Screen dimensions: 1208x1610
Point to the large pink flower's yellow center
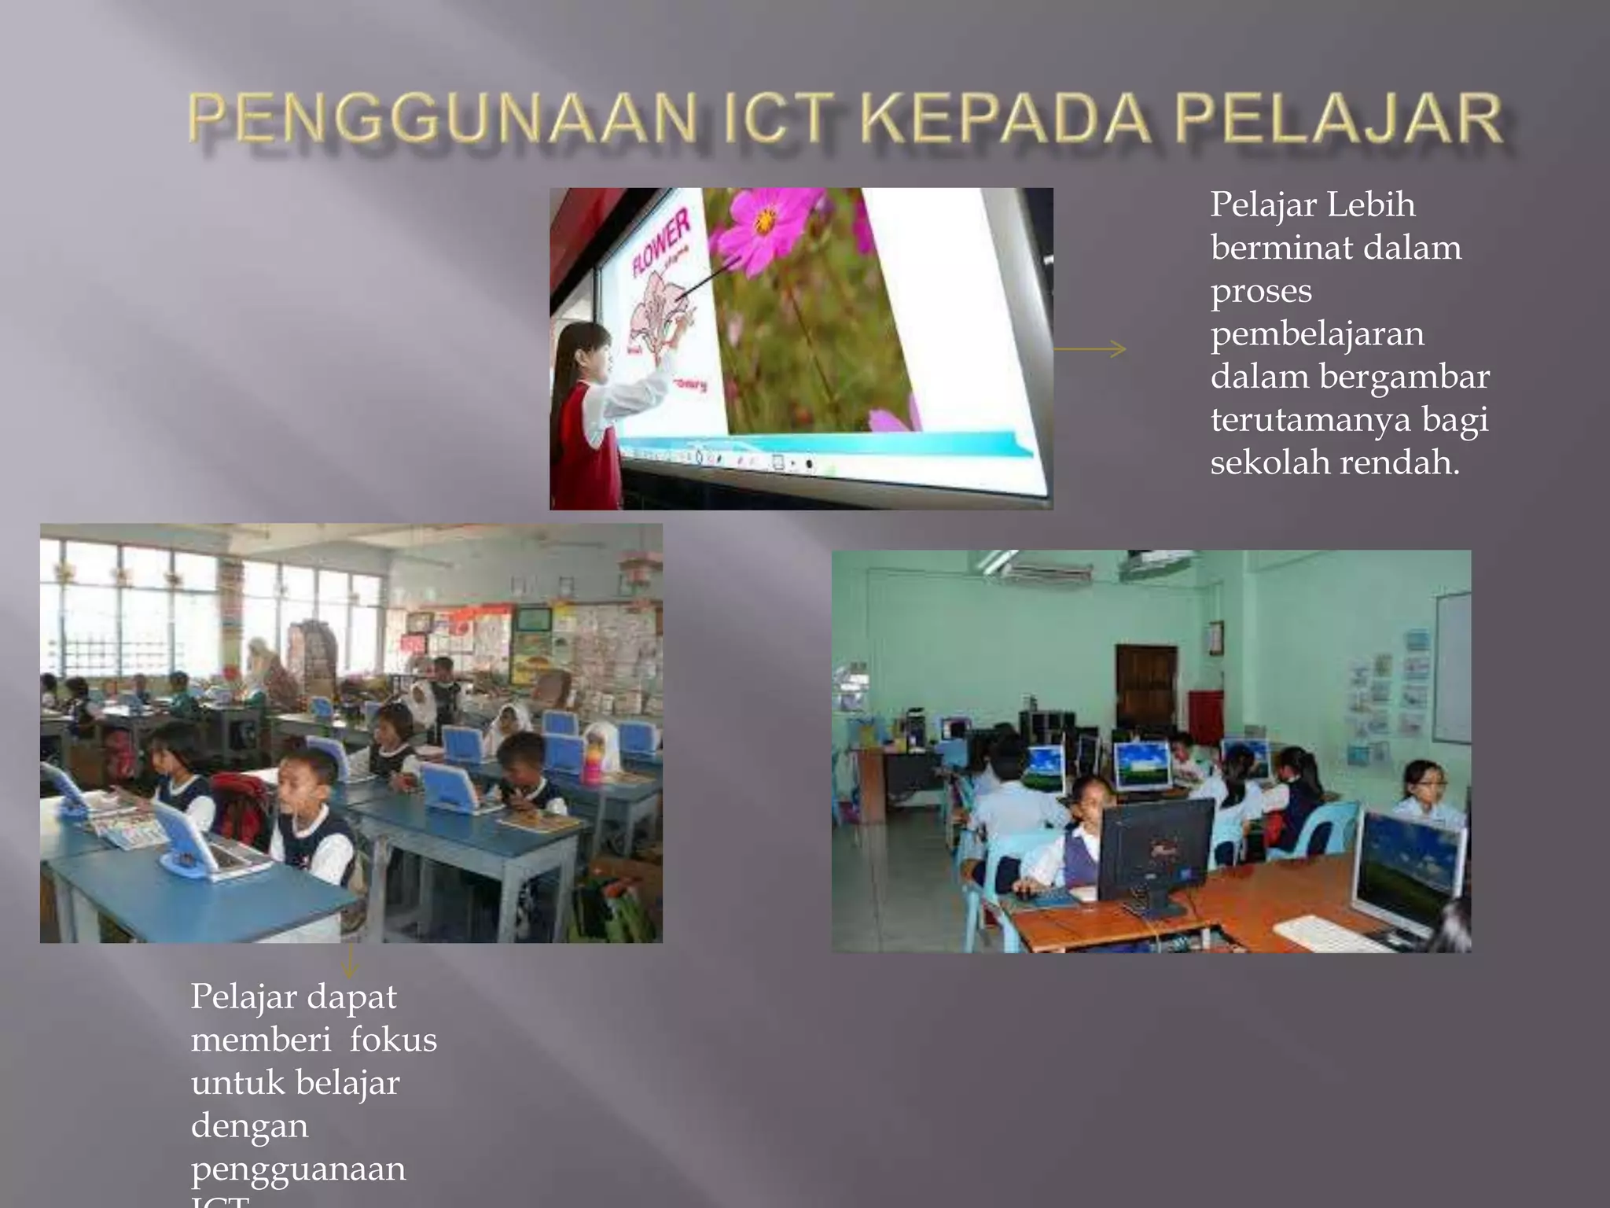click(x=764, y=221)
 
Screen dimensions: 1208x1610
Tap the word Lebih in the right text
click(x=1371, y=205)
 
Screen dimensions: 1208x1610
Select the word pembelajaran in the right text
click(x=1317, y=334)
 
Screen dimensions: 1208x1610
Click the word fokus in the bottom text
click(x=393, y=1040)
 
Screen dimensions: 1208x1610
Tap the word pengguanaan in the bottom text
click(x=298, y=1169)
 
